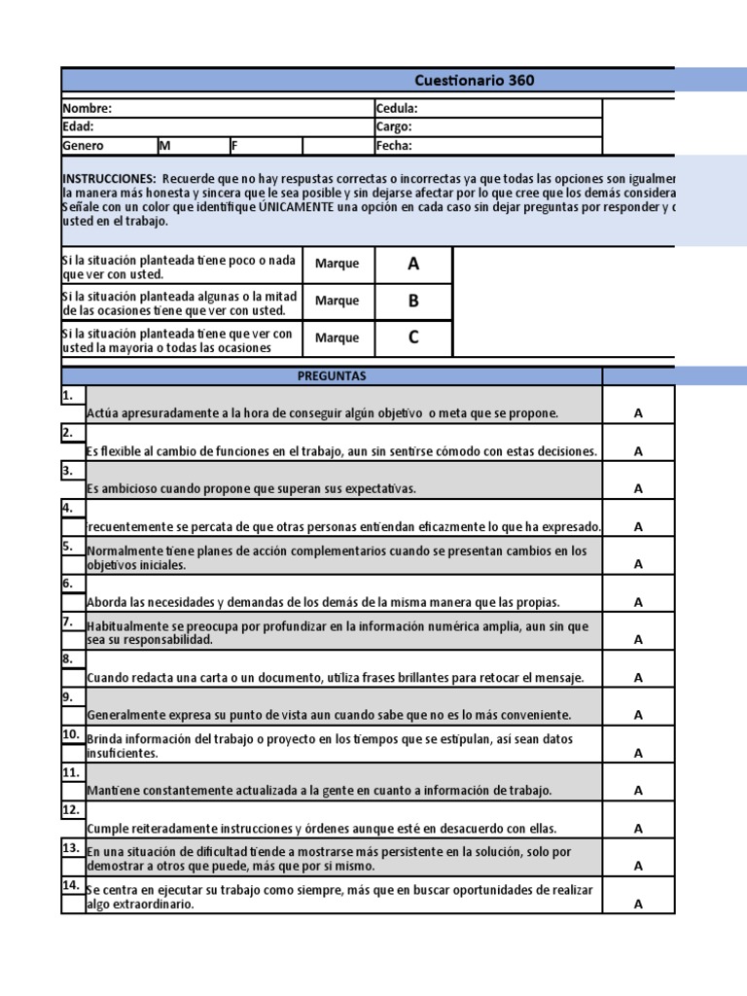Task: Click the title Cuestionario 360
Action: pyautogui.click(x=475, y=81)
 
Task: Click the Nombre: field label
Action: pyautogui.click(x=88, y=109)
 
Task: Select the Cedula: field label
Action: pyautogui.click(x=397, y=109)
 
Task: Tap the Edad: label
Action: pyautogui.click(x=79, y=127)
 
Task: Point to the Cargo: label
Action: pyautogui.click(x=394, y=127)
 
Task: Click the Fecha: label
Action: pyautogui.click(x=394, y=146)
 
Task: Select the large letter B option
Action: pyautogui.click(x=413, y=302)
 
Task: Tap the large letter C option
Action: pyautogui.click(x=413, y=338)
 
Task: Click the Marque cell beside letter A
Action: pyautogui.click(x=338, y=264)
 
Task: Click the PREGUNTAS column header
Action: pyautogui.click(x=332, y=376)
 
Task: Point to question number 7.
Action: pyautogui.click(x=68, y=621)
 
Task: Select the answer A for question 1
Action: pyautogui.click(x=638, y=413)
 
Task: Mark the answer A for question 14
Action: pyautogui.click(x=638, y=904)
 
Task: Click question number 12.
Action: pyautogui.click(x=70, y=809)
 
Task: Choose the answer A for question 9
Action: pyautogui.click(x=638, y=715)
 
